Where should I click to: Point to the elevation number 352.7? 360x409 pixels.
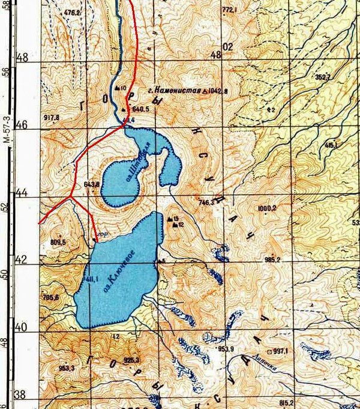point(323,77)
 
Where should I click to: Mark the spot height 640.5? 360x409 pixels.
point(140,109)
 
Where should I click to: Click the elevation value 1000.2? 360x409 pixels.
point(266,208)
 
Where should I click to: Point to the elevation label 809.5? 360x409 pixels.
point(58,241)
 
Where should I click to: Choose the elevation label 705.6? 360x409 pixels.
point(52,297)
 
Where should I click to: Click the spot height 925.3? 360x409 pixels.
point(131,360)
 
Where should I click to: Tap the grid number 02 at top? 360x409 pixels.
point(226,47)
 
